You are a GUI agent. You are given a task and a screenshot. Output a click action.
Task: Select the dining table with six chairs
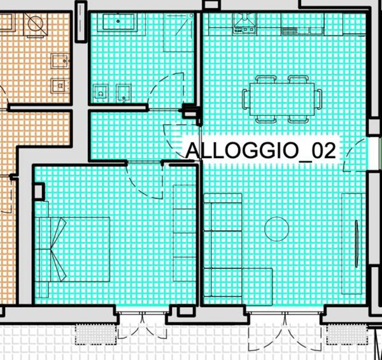[281, 99]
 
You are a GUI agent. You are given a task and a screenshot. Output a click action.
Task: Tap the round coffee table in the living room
[276, 228]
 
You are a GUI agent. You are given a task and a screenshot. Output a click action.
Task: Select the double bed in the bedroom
[73, 249]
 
